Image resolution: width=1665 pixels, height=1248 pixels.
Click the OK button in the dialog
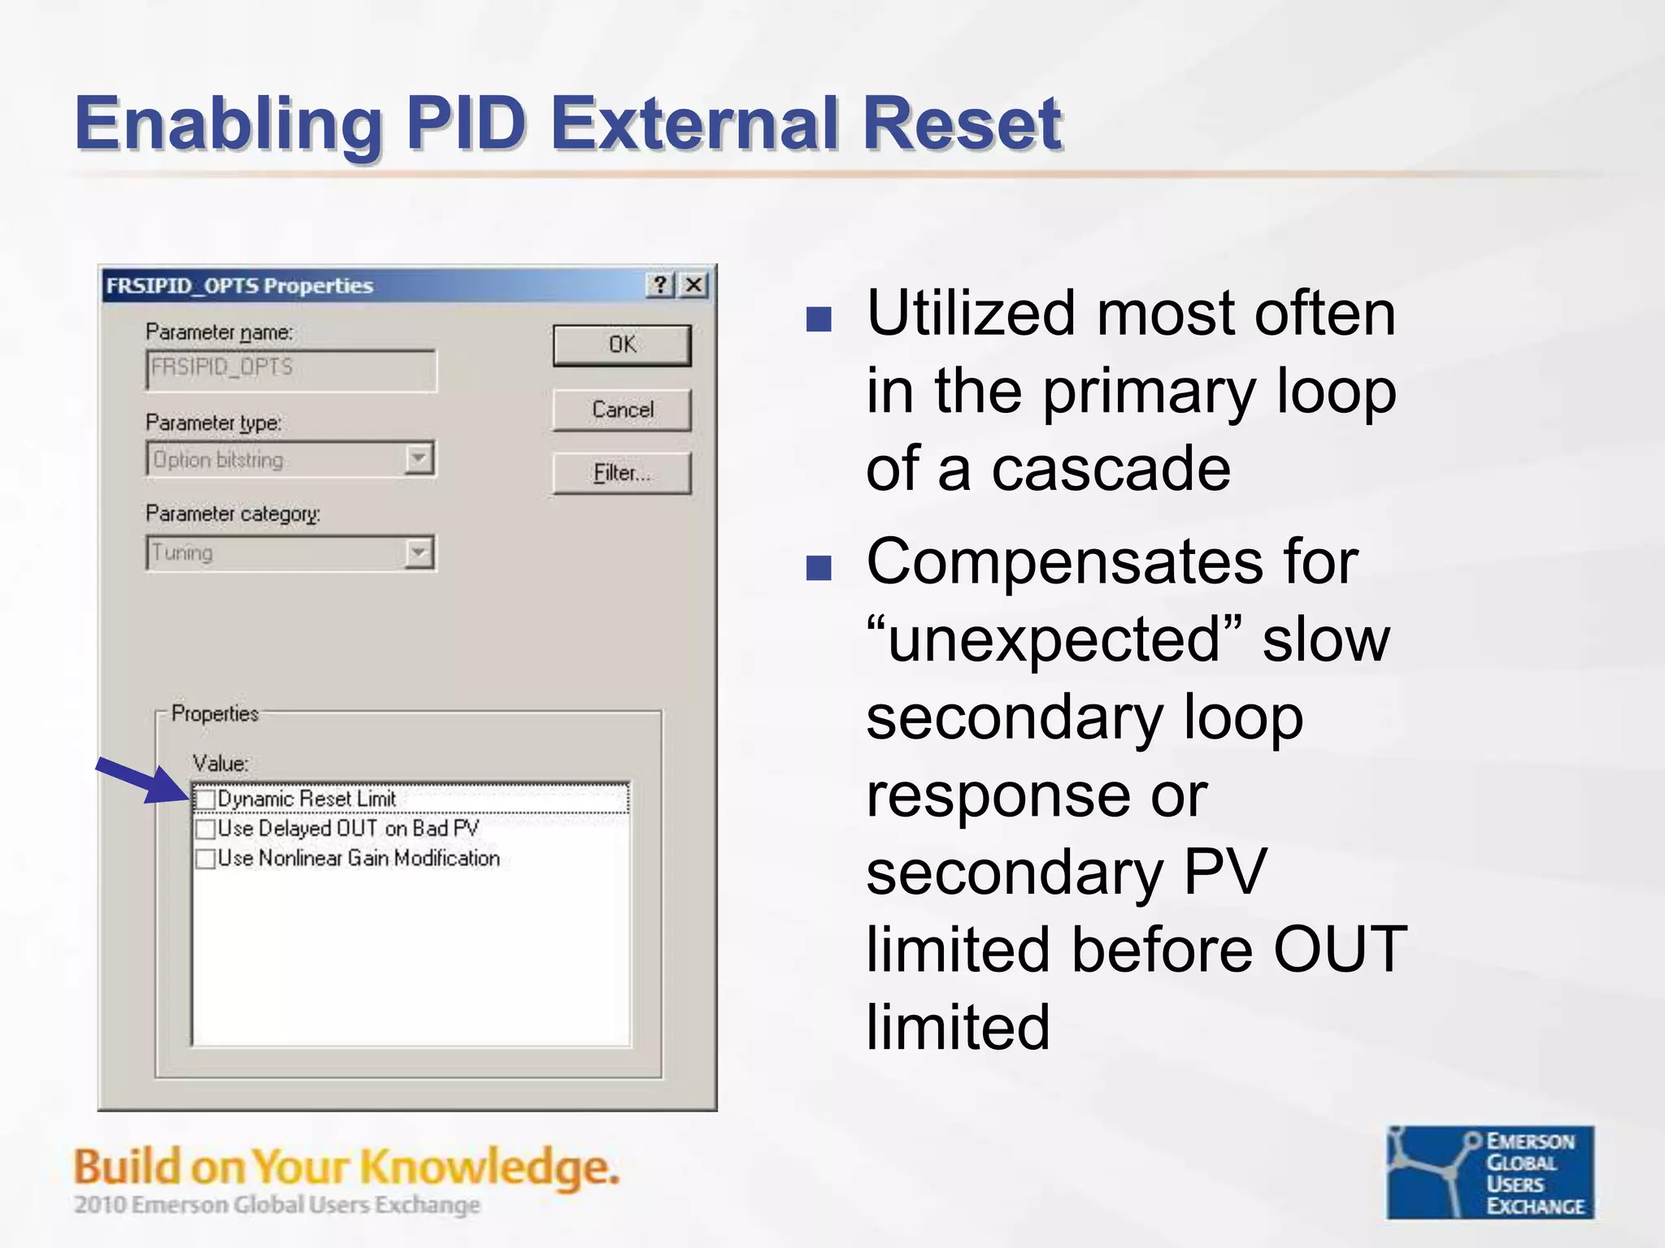(622, 345)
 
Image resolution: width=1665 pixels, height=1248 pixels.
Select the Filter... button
(622, 473)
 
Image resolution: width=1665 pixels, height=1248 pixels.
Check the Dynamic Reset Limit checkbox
(206, 799)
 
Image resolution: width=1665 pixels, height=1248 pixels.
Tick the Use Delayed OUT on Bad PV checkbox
(206, 829)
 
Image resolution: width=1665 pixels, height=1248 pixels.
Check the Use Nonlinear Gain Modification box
(206, 859)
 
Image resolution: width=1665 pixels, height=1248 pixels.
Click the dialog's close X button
(693, 285)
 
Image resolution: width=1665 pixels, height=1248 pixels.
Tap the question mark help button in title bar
(660, 285)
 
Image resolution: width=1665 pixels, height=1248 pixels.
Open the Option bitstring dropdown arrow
(419, 459)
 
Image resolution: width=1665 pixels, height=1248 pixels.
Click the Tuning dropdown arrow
(419, 553)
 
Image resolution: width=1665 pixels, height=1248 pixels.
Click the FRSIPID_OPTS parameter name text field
(291, 370)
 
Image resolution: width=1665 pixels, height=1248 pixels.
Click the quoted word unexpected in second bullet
(1054, 640)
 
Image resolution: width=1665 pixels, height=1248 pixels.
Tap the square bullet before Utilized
(818, 319)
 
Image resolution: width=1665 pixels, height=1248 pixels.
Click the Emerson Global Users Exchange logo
(1490, 1172)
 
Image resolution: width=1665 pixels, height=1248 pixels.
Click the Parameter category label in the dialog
(233, 514)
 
